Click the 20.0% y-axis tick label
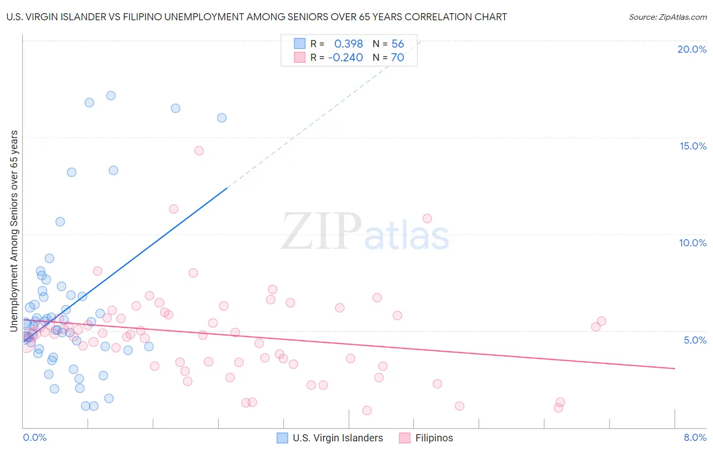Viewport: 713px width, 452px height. point(692,49)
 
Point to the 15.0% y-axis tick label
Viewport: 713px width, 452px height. point(693,146)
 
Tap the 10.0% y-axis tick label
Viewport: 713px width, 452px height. point(693,243)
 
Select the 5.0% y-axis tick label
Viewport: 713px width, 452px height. point(695,340)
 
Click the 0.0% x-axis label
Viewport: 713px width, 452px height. point(34,437)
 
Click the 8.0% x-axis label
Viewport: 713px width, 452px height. point(695,437)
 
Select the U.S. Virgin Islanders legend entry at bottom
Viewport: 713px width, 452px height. point(330,438)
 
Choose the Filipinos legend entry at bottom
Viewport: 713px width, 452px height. point(426,438)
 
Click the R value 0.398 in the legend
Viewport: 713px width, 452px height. point(348,44)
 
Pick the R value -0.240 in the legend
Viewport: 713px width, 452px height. point(345,58)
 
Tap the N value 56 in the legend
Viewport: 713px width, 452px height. point(398,44)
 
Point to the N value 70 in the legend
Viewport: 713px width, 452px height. point(398,58)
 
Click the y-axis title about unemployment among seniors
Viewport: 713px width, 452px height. point(14,231)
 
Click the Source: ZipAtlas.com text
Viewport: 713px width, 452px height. point(667,17)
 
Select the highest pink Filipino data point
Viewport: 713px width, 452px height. point(199,150)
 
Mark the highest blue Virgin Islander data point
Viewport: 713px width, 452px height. point(111,96)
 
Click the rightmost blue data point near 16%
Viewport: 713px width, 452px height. point(222,118)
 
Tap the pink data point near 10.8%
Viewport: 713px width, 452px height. point(427,218)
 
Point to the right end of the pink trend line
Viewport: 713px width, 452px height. point(674,368)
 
